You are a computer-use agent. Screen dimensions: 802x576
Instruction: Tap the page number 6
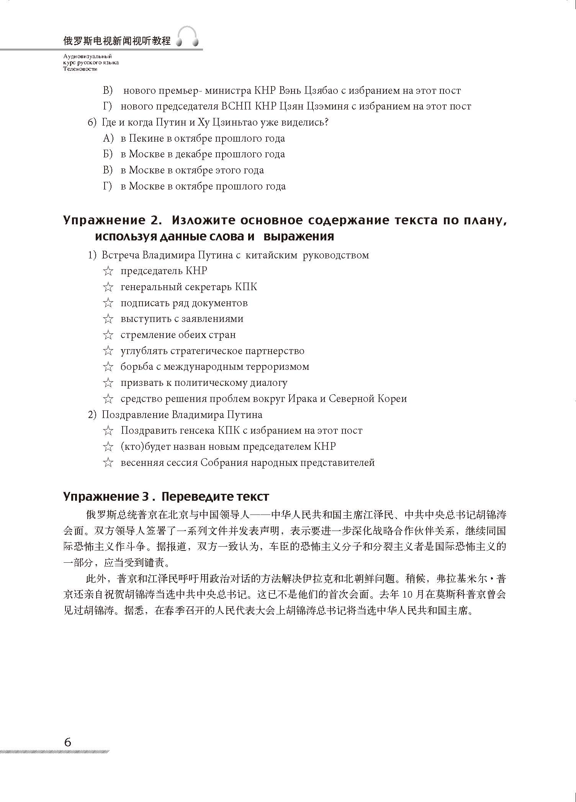tap(68, 742)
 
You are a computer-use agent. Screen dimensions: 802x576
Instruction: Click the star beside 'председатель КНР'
tap(108, 271)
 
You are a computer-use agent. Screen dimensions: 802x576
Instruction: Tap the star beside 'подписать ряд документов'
tap(108, 303)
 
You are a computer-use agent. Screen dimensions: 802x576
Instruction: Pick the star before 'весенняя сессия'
tap(108, 463)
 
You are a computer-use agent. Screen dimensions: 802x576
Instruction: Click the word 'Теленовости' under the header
tap(81, 69)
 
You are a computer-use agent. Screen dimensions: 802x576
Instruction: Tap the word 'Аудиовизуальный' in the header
tap(88, 56)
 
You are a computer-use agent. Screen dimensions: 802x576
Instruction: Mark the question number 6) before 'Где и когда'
tap(93, 123)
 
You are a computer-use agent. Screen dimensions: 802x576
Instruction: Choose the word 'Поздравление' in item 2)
tap(135, 415)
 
